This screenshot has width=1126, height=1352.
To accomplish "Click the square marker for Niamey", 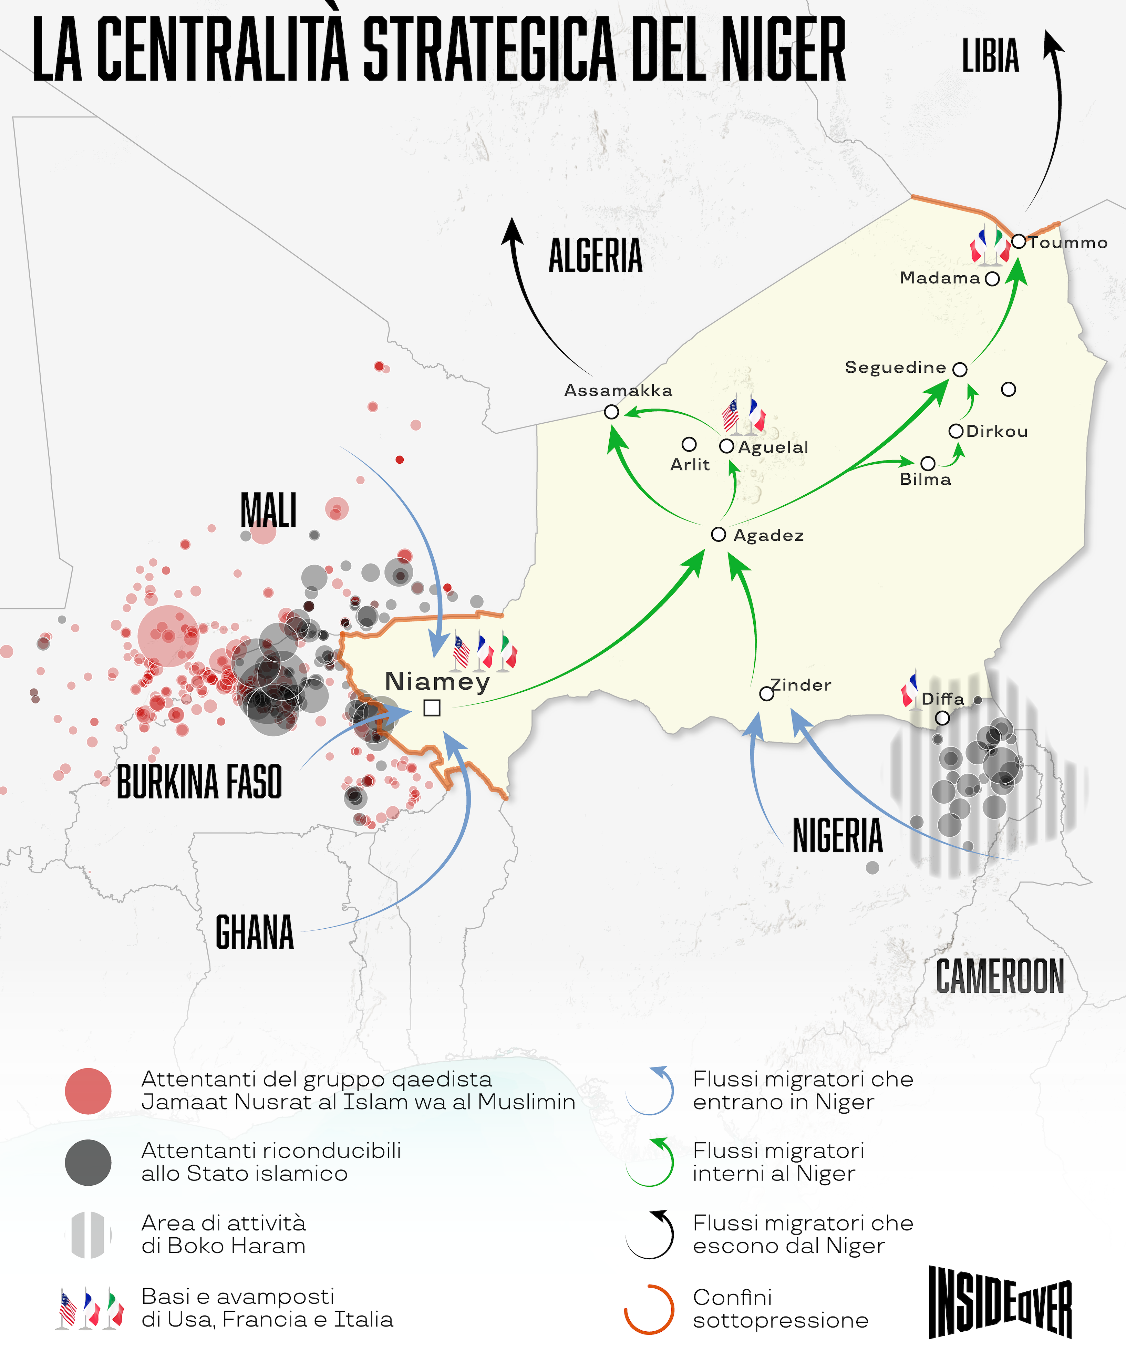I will pyautogui.click(x=432, y=708).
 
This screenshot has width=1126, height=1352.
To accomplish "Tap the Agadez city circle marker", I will pyautogui.click(x=719, y=534).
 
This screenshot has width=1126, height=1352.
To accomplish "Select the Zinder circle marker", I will pyautogui.click(x=766, y=693).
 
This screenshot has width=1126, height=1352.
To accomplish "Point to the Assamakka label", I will pyautogui.click(x=618, y=390).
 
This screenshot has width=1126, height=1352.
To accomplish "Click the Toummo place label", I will pyautogui.click(x=1068, y=243).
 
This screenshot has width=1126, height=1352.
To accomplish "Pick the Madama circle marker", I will pyautogui.click(x=992, y=279).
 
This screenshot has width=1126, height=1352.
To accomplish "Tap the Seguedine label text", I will pyautogui.click(x=895, y=368).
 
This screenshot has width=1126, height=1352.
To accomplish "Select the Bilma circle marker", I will pyautogui.click(x=928, y=464).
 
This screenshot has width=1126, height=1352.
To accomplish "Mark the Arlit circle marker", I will pyautogui.click(x=689, y=444).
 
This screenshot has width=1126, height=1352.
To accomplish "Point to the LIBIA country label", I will pyautogui.click(x=990, y=56).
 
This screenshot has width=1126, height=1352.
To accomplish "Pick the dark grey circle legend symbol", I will pyautogui.click(x=88, y=1163).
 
